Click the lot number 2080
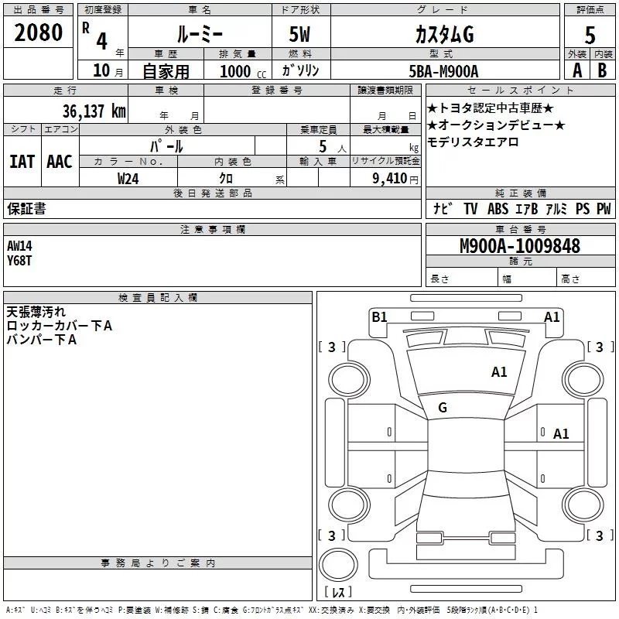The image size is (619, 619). tap(39, 32)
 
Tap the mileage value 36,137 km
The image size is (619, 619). tap(94, 111)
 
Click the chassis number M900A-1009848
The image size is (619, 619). tap(519, 246)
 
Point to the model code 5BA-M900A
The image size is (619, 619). tap(443, 71)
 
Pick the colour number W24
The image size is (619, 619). tap(128, 178)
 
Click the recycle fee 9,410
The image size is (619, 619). tap(389, 179)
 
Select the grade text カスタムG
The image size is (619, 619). tap(443, 34)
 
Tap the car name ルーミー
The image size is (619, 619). tap(199, 34)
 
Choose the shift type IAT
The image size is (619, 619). tap(22, 161)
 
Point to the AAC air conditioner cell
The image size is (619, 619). tap(60, 161)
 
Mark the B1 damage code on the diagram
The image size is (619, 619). tap(379, 316)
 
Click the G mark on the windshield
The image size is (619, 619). tap(443, 408)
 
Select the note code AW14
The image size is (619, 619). tap(19, 245)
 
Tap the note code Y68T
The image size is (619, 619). tap(19, 260)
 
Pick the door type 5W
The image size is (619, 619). tap(301, 34)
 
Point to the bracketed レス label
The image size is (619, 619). tap(338, 592)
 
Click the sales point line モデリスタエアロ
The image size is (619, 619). tap(473, 142)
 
